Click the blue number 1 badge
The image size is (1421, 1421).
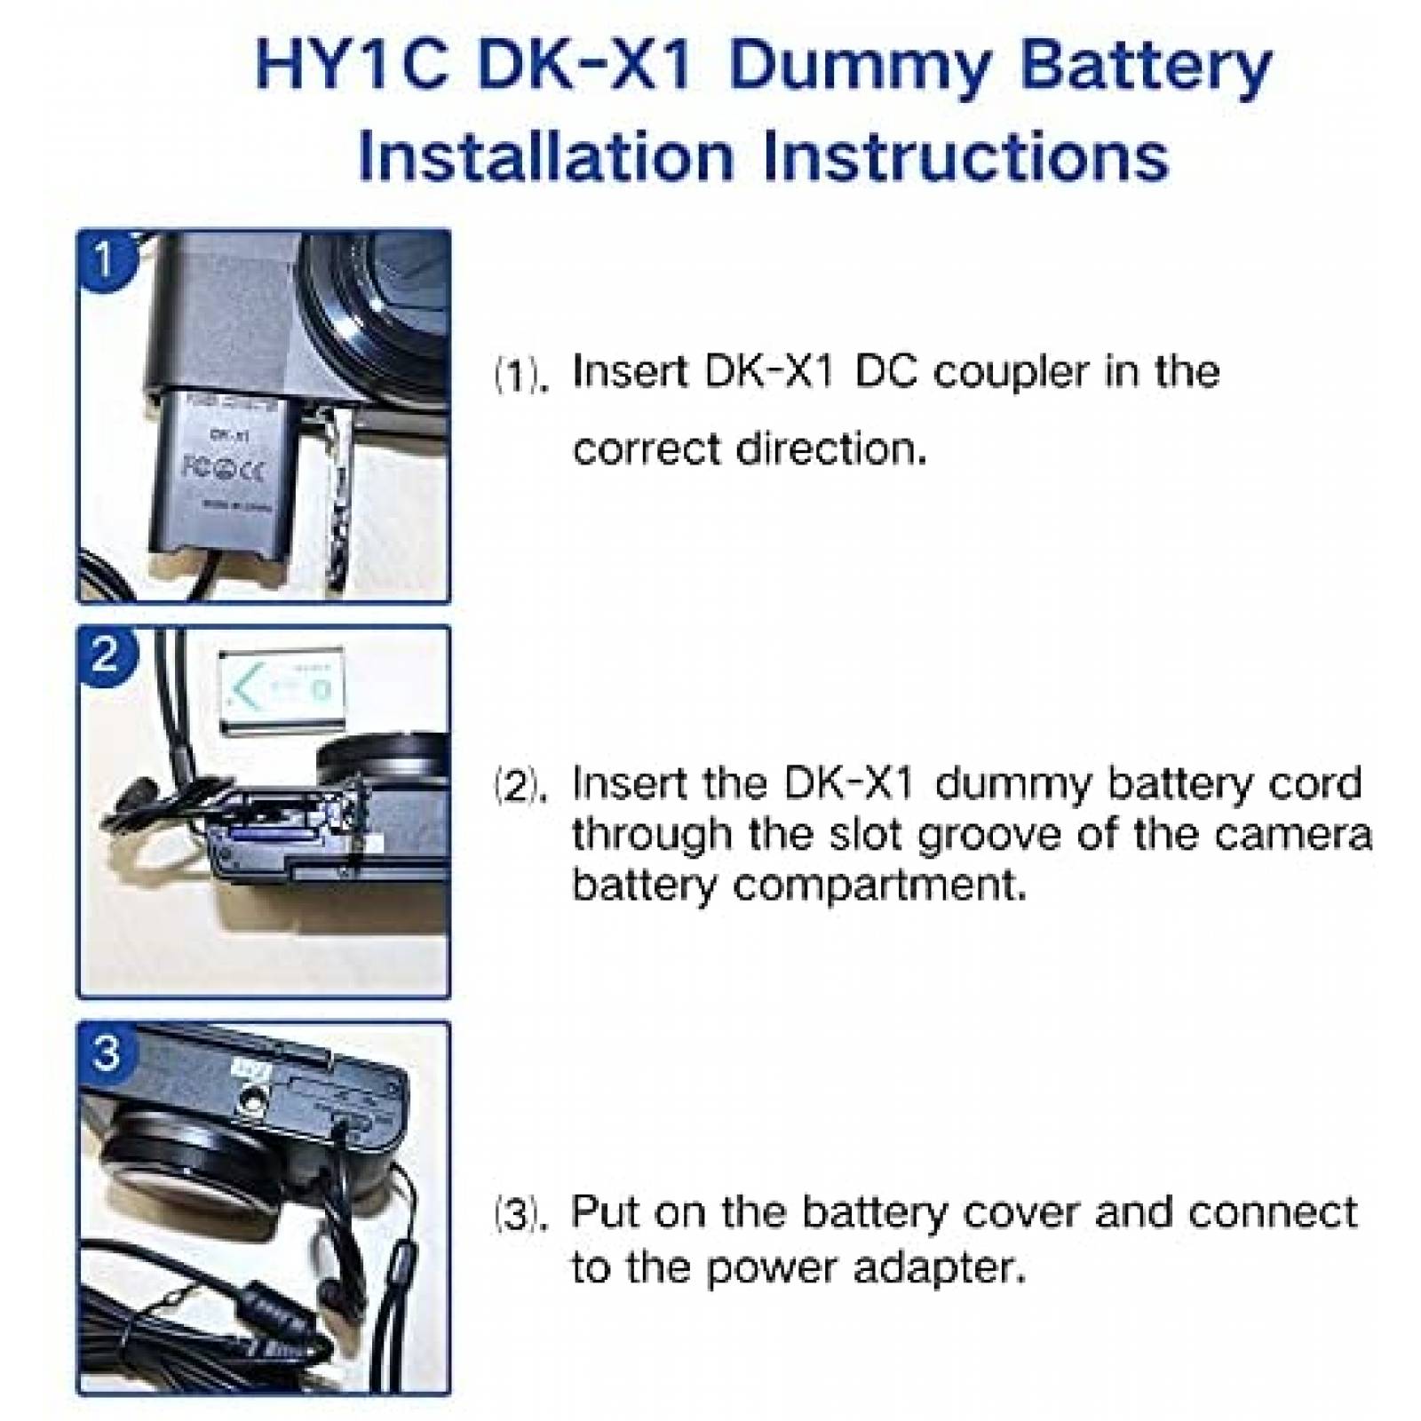click(x=105, y=259)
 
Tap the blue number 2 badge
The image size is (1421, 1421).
click(x=105, y=655)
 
